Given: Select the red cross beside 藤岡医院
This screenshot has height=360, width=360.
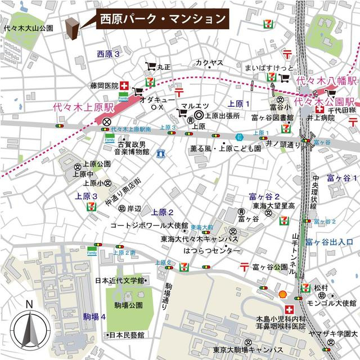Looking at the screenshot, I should pos(124,85).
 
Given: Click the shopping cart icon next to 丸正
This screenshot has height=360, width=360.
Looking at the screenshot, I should pos(150,66).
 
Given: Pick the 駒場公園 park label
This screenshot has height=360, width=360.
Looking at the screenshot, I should pos(128,305).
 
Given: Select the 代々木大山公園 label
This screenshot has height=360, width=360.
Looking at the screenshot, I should pos(28,28).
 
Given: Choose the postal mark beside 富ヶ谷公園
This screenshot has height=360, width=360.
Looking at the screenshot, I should pos(245,266).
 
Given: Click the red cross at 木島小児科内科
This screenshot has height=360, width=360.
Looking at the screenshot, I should pos(289,310).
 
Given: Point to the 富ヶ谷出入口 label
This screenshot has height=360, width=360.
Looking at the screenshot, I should pos(329,242).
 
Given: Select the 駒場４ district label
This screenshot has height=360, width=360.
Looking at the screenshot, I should pos(94,317).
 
